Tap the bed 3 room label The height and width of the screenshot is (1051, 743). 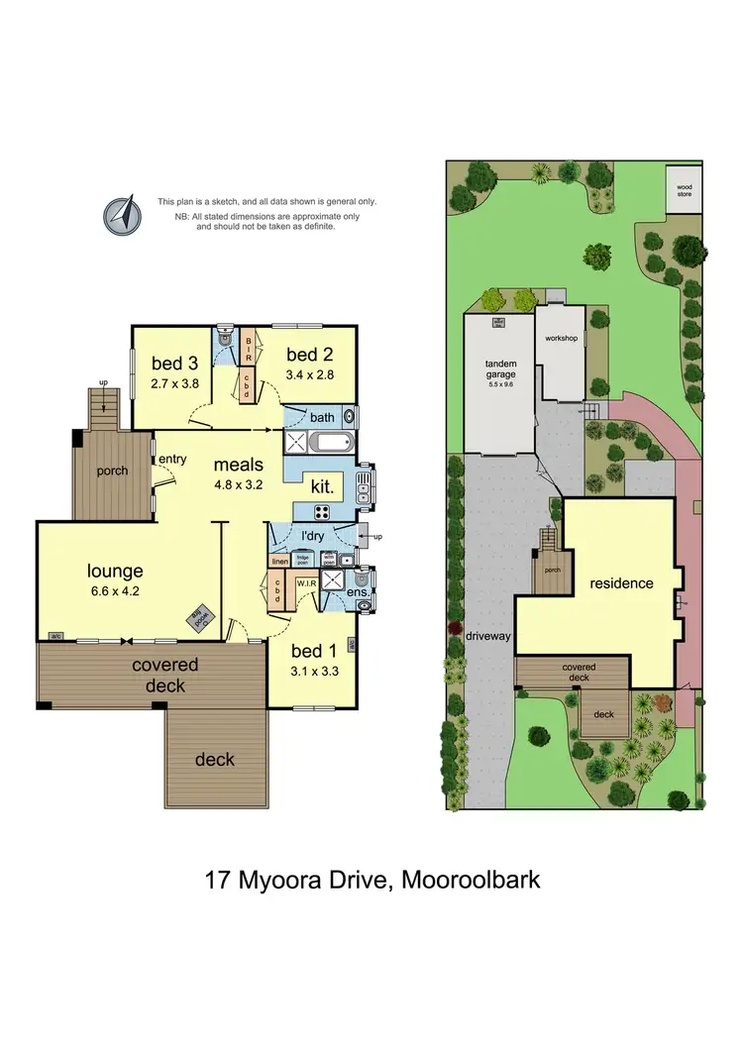coord(168,361)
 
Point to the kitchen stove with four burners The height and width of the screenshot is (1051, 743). coord(322,511)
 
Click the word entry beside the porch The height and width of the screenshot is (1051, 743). coord(171,458)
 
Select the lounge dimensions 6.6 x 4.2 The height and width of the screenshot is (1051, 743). coord(116,592)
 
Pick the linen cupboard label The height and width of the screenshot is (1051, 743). coord(278,561)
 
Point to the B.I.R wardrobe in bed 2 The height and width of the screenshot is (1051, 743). coord(249,349)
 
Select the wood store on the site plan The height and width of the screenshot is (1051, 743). coord(685,189)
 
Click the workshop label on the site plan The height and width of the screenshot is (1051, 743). coord(560,338)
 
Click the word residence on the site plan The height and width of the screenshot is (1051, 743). coord(622,582)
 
